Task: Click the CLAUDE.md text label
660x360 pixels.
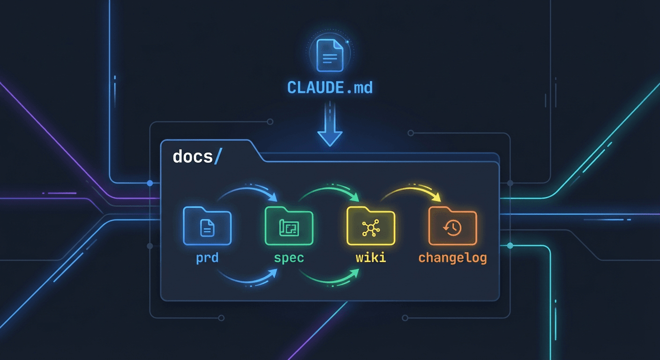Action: [x=330, y=87]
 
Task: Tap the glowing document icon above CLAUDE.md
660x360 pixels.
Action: [x=330, y=55]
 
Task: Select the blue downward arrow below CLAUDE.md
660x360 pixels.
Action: [x=330, y=129]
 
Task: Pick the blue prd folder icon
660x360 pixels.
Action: [x=207, y=226]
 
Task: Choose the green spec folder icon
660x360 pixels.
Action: [x=289, y=226]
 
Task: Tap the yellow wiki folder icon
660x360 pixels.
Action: [x=371, y=226]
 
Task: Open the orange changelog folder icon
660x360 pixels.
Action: [x=453, y=226]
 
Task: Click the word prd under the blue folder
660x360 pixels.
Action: [x=207, y=257]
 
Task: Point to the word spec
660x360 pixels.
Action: [x=289, y=257]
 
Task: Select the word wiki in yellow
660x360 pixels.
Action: [x=371, y=257]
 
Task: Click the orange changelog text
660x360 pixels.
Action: [x=452, y=257]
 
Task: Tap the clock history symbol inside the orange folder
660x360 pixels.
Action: [x=453, y=228]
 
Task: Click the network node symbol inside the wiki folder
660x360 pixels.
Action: [x=371, y=228]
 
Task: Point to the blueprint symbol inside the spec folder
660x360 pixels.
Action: [x=289, y=228]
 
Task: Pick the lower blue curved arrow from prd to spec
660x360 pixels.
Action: [x=248, y=279]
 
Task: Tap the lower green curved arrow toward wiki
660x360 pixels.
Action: [x=330, y=279]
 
